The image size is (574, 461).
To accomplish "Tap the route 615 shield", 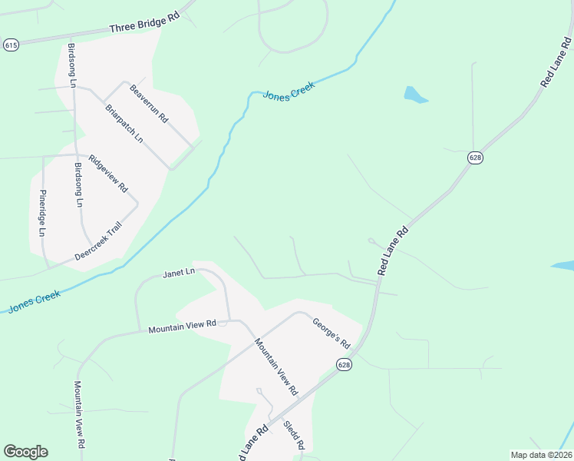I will tap(11, 45).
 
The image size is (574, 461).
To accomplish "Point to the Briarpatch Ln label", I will tap(124, 124).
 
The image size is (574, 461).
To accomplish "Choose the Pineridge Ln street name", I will tap(43, 213).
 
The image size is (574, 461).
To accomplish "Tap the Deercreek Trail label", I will tap(98, 240).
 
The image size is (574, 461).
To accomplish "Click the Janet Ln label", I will tap(180, 274).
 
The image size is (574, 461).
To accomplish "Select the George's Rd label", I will tap(331, 332).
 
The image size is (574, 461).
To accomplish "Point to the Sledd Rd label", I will tap(294, 435).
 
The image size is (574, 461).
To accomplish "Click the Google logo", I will tap(25, 452).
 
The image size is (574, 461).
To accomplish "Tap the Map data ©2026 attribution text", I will tap(541, 455).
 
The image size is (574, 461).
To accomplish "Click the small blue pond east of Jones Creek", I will tap(414, 95).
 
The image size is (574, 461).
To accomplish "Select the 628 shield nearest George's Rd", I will tap(344, 365).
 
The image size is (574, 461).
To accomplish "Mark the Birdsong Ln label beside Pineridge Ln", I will tap(79, 185).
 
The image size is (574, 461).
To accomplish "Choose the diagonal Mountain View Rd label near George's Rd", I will tap(275, 366).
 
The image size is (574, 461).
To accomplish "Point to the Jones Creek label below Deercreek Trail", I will tap(34, 301).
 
